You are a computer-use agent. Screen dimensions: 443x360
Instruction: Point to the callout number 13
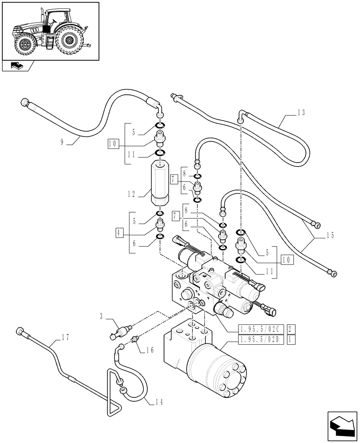(301, 113)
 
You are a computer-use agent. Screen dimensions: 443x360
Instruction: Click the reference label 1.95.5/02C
(260, 329)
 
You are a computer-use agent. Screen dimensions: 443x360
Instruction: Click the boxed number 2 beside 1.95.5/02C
(290, 329)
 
